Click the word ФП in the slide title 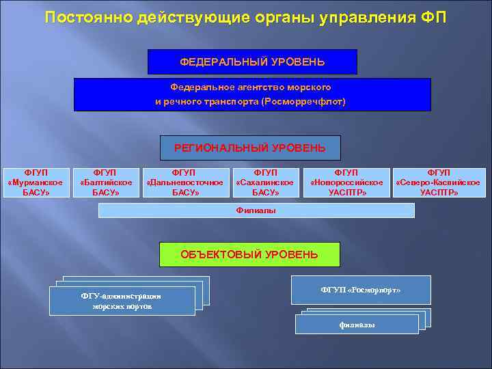click(x=432, y=17)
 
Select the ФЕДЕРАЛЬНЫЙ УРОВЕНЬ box click(x=252, y=62)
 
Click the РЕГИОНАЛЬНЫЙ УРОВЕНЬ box click(x=250, y=148)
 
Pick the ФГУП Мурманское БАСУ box click(x=36, y=182)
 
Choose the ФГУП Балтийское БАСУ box click(x=106, y=182)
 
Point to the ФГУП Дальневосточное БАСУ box click(x=184, y=182)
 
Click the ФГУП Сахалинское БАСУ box click(x=265, y=182)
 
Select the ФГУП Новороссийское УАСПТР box click(x=346, y=182)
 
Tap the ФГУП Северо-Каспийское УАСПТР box click(x=438, y=182)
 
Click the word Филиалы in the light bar click(x=256, y=210)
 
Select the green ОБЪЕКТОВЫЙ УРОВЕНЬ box click(x=249, y=255)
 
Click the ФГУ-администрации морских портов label click(x=121, y=301)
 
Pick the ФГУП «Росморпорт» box click(x=361, y=290)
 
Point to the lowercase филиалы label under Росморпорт click(x=357, y=325)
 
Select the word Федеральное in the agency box click(x=196, y=87)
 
